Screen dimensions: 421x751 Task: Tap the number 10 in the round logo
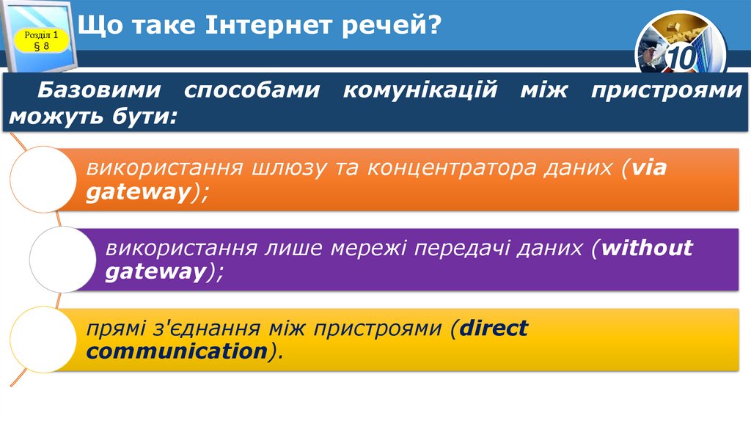tap(680, 57)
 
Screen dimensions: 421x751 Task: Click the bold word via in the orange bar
tap(648, 168)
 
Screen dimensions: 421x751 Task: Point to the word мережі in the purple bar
tap(364, 248)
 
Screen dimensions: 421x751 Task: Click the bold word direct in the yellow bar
tap(493, 328)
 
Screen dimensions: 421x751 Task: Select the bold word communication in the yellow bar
tap(176, 351)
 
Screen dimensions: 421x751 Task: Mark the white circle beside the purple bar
tap(62, 259)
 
